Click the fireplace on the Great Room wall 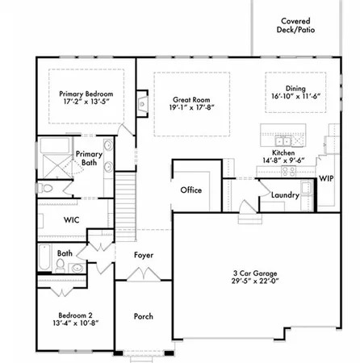coord(143,103)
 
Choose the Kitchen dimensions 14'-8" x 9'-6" coord(283,161)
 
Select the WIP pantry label coord(326,178)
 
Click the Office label coord(190,190)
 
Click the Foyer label coord(144,255)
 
